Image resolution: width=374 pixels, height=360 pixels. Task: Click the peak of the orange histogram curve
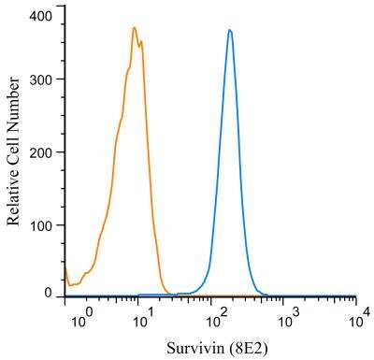tap(135, 28)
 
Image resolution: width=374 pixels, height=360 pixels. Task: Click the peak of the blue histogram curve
tap(229, 30)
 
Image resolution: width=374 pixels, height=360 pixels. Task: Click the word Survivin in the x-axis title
tap(194, 347)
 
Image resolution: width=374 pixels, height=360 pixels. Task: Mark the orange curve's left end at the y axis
tap(65, 266)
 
